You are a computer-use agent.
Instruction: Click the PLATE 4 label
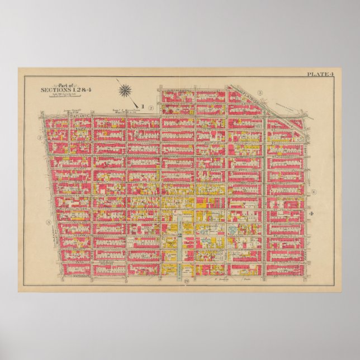click(320, 74)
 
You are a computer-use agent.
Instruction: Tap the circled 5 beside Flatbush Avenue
click(260, 92)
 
